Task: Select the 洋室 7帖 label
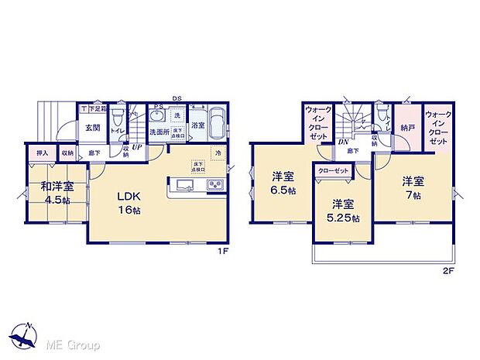413,188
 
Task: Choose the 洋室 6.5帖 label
281,183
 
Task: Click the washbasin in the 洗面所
158,115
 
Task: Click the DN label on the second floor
342,142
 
